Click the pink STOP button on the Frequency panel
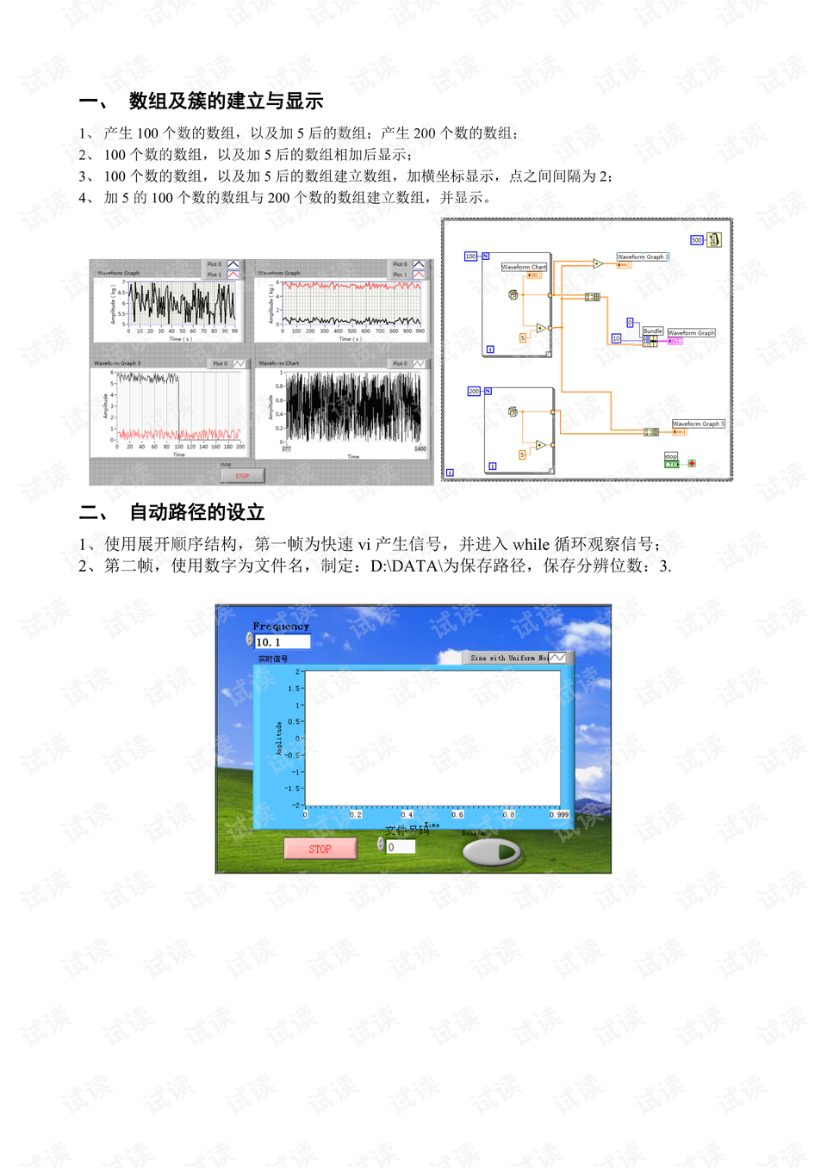(x=320, y=849)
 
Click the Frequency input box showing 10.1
(x=283, y=642)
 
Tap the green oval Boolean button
(x=492, y=852)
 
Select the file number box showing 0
(x=401, y=847)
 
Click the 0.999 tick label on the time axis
(x=559, y=814)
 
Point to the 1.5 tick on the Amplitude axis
(x=294, y=689)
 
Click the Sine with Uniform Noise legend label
(x=509, y=658)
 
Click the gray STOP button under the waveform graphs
(x=242, y=475)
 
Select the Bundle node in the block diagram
(x=653, y=331)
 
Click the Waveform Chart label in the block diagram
(x=524, y=267)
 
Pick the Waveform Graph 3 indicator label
(x=643, y=256)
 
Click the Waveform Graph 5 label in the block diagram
(x=699, y=423)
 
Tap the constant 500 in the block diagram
(x=697, y=240)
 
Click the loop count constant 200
(x=474, y=392)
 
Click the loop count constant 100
(x=470, y=256)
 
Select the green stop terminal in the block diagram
(x=672, y=464)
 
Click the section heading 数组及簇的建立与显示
(x=226, y=102)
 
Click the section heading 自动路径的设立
(x=196, y=513)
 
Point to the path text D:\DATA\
(x=406, y=566)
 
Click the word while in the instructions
(x=531, y=545)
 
